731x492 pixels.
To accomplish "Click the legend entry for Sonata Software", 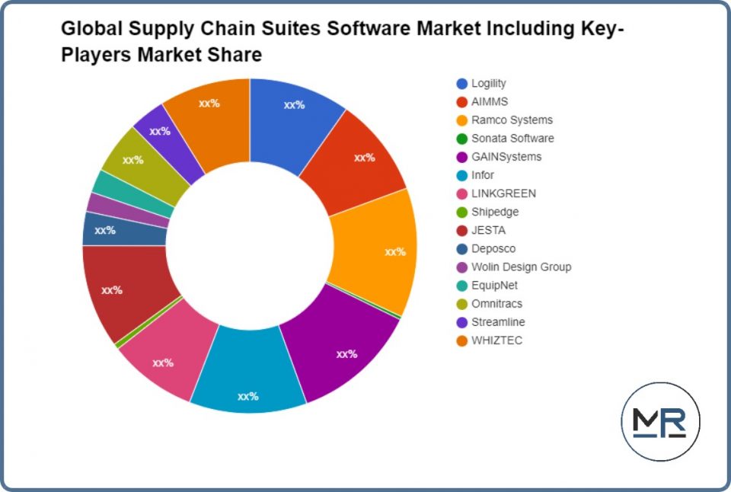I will coord(512,139).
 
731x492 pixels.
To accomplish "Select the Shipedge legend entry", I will coord(495,212).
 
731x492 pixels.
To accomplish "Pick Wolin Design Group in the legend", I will coord(521,267).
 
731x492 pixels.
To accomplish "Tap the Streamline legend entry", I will coord(498,322).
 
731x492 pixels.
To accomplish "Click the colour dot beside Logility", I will coord(462,84).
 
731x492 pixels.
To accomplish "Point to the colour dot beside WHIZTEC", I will coord(462,340).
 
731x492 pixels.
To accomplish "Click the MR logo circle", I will coord(660,421).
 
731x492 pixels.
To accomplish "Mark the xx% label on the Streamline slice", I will coord(160,131).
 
